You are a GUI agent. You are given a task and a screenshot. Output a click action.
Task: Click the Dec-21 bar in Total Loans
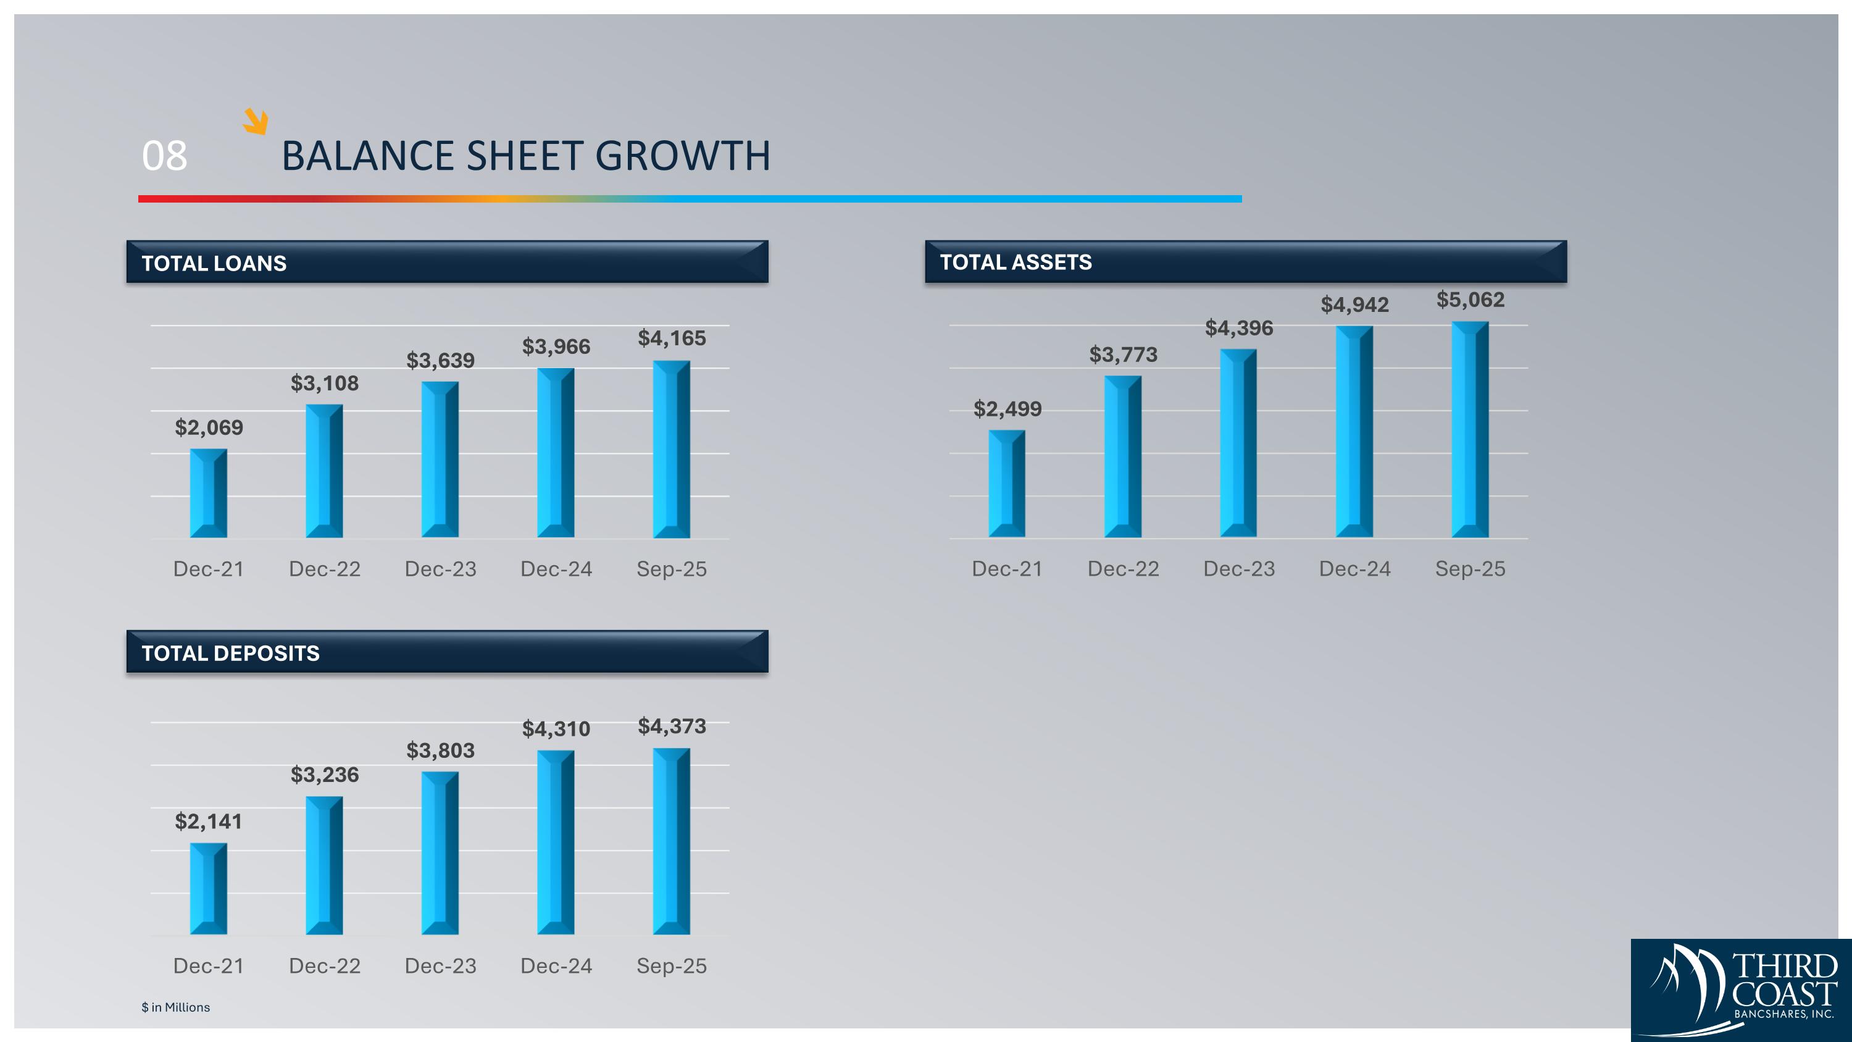click(209, 494)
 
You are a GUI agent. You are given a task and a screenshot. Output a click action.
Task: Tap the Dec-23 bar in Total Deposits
click(440, 853)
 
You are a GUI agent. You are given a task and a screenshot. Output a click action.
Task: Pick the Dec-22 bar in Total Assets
click(1122, 456)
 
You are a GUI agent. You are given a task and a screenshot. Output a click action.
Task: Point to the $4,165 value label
click(672, 338)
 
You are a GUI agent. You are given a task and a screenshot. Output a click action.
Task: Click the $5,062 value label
click(1470, 299)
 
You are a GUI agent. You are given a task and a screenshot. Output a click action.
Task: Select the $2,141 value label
click(209, 821)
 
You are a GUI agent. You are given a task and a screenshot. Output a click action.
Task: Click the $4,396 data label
click(1239, 328)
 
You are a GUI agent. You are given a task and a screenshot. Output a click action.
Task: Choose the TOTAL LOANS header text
click(214, 263)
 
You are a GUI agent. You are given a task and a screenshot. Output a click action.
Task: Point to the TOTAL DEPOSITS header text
click(230, 653)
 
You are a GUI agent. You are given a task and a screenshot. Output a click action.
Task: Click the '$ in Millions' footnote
click(175, 1007)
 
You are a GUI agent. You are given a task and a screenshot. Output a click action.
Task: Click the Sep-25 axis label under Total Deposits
click(672, 966)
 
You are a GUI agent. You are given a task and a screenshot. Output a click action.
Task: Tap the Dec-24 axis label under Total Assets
click(1354, 569)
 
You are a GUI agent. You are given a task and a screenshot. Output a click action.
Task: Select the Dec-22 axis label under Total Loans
click(324, 569)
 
